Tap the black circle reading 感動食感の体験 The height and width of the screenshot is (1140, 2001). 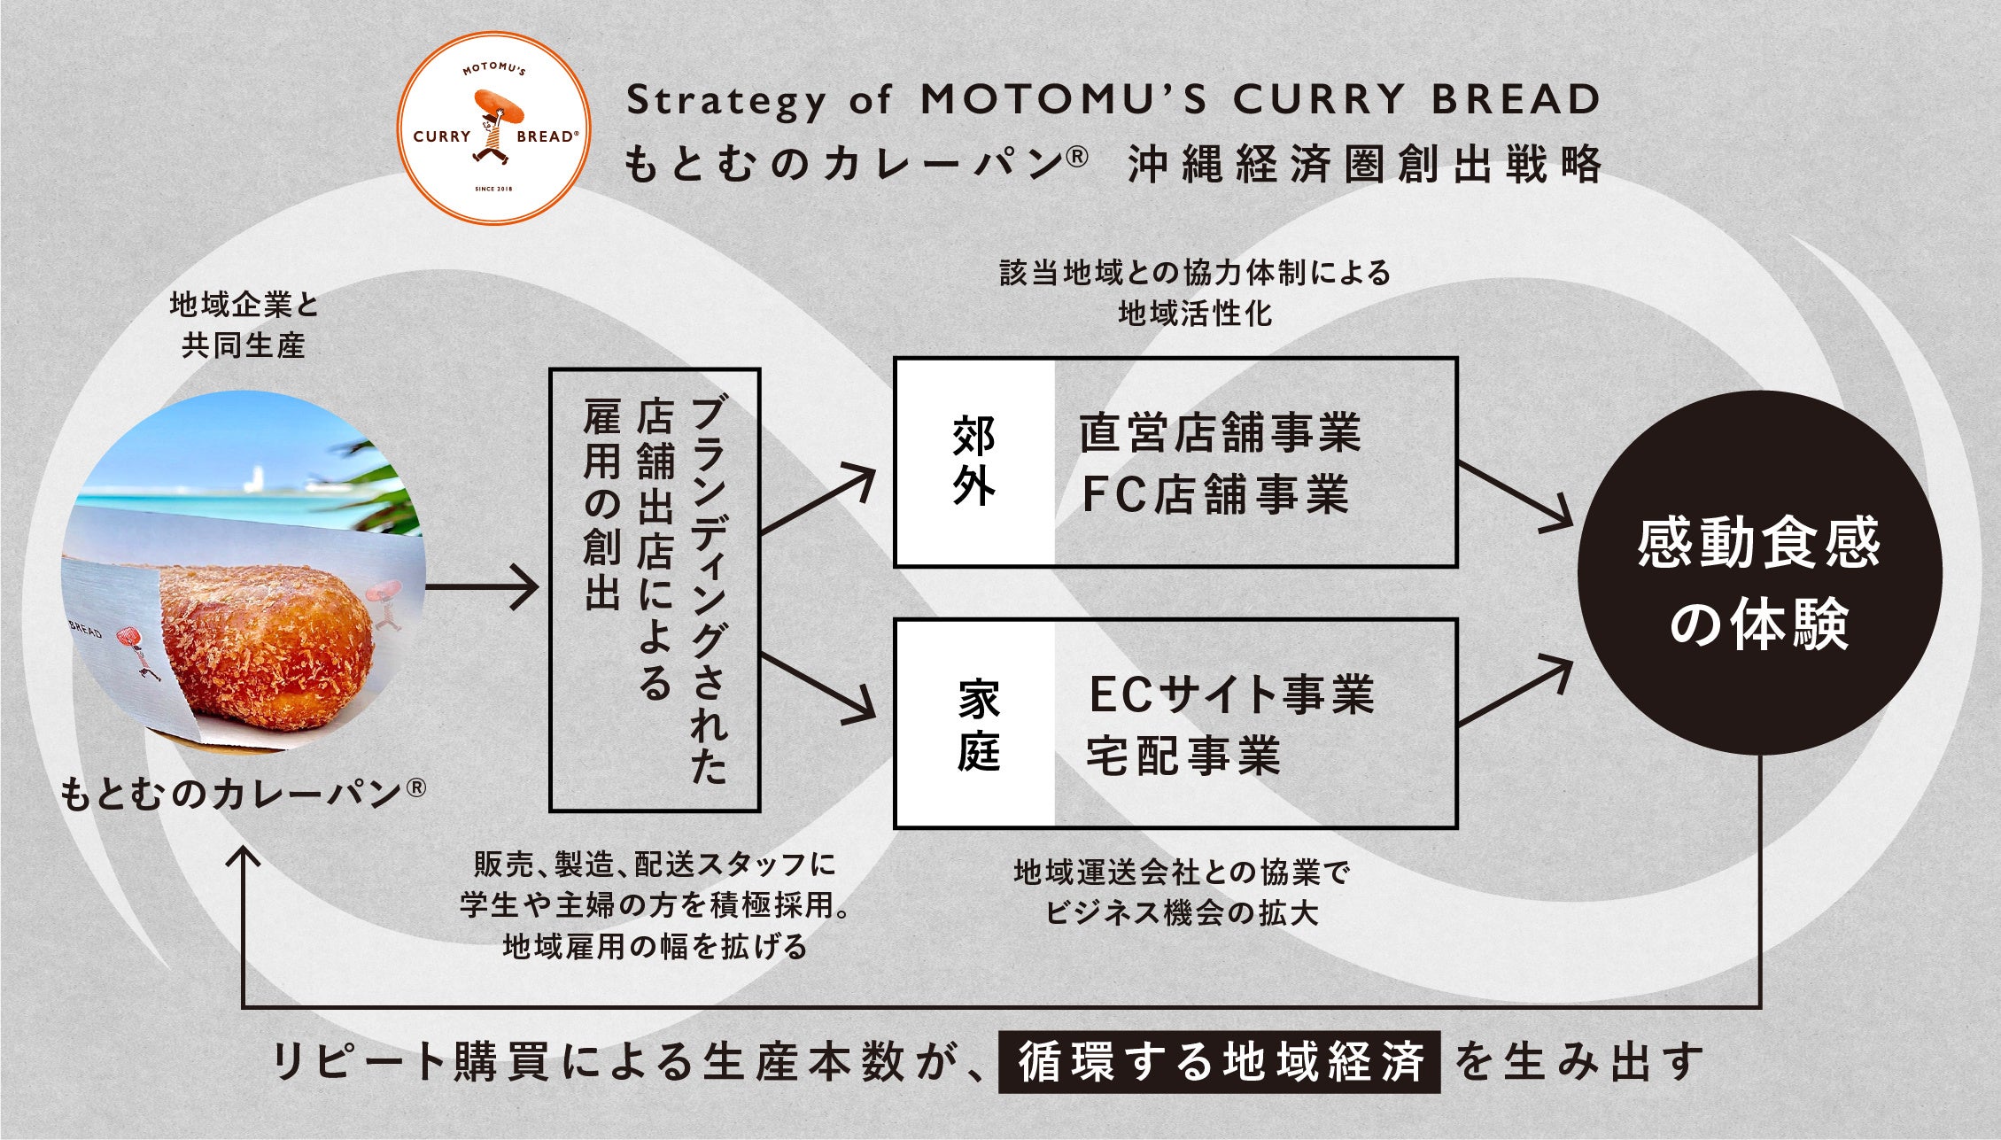coord(1759,573)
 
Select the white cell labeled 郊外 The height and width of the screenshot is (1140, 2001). coord(974,461)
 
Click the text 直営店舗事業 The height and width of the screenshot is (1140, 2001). coord(1220,433)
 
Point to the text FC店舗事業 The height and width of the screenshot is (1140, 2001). coord(1215,494)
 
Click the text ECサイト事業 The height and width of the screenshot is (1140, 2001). coord(1230,694)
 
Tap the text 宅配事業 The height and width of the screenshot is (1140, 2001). coord(1183,756)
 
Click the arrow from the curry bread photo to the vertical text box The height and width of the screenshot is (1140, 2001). coord(483,587)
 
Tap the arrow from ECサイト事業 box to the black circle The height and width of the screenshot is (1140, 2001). coord(1516,692)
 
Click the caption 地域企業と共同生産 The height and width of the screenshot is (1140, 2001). coord(244,325)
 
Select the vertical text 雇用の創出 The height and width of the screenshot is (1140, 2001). coord(602,504)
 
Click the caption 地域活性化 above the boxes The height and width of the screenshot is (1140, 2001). coord(1195,314)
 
